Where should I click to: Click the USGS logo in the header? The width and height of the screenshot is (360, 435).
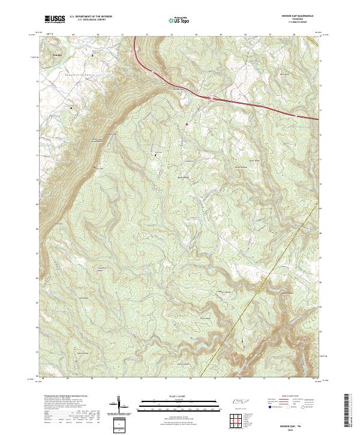coord(55,19)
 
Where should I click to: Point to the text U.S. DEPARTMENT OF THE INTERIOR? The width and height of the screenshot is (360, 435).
coord(91,17)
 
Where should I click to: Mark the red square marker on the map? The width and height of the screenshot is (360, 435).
coord(187,124)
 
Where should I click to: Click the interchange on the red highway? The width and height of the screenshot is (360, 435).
coord(211,97)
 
